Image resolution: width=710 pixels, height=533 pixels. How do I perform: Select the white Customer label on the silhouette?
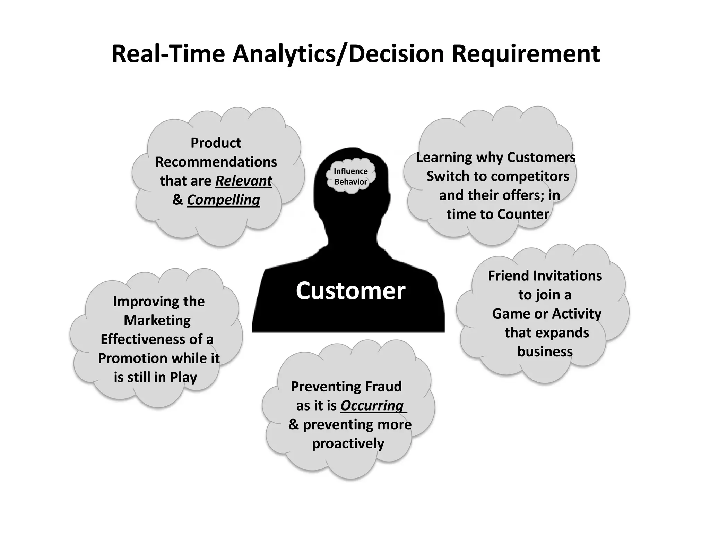point(350,291)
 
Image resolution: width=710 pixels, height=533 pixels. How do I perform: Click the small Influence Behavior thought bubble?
point(350,176)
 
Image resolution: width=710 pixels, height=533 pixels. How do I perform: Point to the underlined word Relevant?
point(244,181)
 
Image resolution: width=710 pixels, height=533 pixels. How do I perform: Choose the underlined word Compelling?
point(223,200)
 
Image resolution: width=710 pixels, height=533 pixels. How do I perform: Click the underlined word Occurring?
point(372,405)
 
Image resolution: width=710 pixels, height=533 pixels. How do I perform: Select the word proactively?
point(348,443)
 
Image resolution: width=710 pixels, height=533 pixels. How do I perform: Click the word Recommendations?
point(216,162)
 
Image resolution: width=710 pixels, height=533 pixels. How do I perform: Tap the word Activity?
point(577,314)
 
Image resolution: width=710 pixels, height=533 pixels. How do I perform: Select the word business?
point(545,352)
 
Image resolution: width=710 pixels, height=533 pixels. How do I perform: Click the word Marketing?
point(157,320)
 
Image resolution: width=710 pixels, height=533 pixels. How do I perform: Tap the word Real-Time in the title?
point(168,54)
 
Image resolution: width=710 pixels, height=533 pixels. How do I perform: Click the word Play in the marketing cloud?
point(183,377)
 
